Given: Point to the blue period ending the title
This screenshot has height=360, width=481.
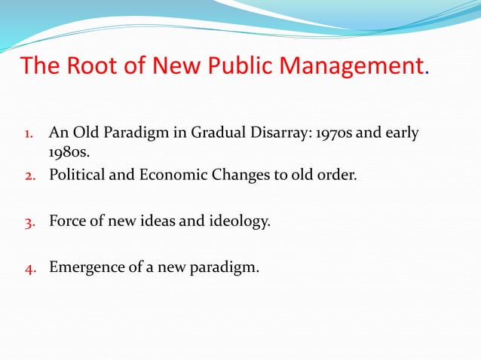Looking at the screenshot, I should (428, 74).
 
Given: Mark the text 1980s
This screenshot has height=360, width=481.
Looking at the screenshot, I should (69, 154).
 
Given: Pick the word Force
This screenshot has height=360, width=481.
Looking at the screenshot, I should (66, 222).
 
